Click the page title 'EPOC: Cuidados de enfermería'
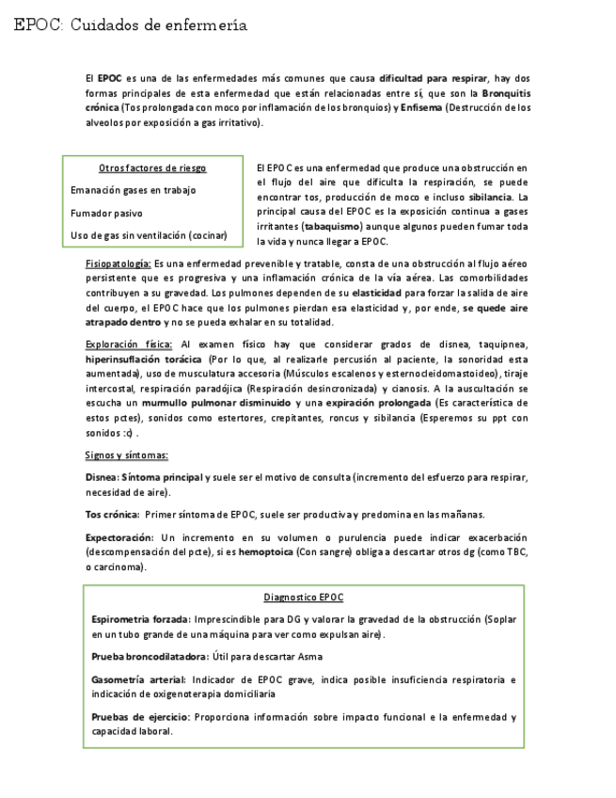[x=131, y=25]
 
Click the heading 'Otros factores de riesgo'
[x=152, y=168]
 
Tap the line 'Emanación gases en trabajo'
[x=134, y=190]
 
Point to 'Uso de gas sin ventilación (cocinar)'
[x=149, y=235]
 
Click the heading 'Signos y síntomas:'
[x=127, y=455]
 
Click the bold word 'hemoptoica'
[x=264, y=551]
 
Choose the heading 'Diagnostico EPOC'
[x=304, y=598]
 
